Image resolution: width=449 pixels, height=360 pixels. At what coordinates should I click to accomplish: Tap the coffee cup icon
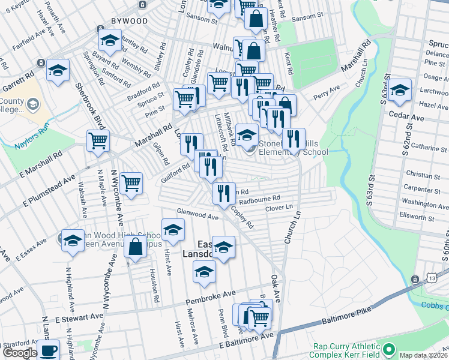tap(47, 350)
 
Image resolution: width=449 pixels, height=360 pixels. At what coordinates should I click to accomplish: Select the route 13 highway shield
tap(415, 280)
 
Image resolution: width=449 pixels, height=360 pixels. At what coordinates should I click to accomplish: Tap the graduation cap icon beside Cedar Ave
tap(400, 91)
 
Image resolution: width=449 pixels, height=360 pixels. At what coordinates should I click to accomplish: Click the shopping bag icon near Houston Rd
tap(136, 246)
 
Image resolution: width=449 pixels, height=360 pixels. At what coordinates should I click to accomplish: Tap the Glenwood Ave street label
tap(197, 215)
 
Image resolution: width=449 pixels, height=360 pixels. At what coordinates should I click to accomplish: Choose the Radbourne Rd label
tap(261, 197)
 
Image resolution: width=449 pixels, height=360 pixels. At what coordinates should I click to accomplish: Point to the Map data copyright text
tap(423, 355)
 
